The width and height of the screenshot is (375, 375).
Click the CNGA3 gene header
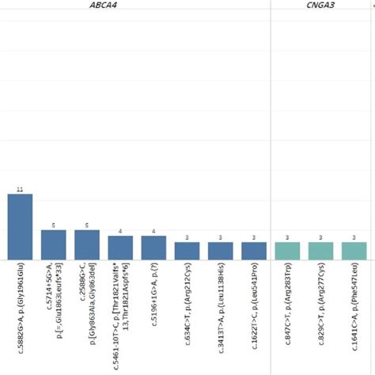(321, 6)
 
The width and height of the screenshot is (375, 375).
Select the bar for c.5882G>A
(20, 227)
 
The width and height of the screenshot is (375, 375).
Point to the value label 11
(20, 190)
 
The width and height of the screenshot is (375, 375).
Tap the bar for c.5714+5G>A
(53, 244)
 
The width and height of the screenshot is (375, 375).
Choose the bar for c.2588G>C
(87, 244)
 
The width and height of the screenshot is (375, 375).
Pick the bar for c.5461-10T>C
(120, 247)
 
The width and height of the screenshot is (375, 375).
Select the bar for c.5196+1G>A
(153, 247)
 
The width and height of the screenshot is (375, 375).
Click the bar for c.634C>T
(187, 250)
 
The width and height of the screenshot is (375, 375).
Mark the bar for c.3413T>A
(221, 250)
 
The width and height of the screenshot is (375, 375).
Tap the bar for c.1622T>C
(254, 250)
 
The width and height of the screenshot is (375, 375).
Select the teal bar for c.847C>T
(288, 250)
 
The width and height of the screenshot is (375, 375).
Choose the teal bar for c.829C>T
(321, 250)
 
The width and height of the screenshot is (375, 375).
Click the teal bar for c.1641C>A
(354, 250)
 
